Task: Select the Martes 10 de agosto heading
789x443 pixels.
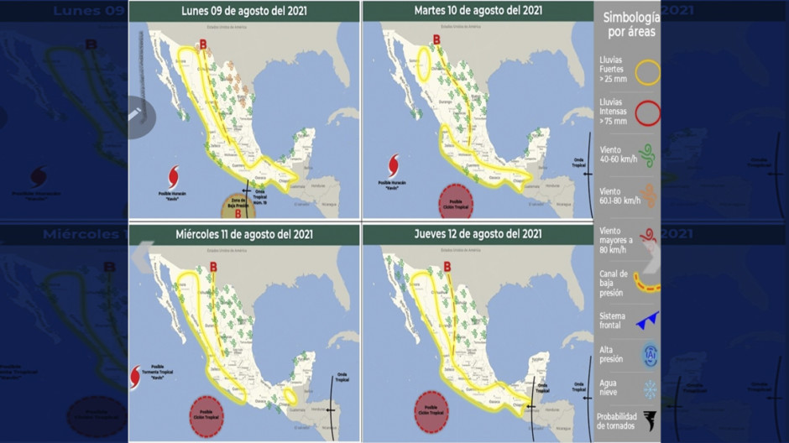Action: pos(478,11)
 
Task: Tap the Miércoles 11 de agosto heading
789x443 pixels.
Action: pos(243,234)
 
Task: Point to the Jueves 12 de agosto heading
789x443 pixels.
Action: pos(478,234)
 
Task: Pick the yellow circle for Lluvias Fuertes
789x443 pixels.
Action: pos(647,72)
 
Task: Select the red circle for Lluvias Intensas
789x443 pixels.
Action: pos(647,112)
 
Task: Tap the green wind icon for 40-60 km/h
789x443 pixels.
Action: pos(647,155)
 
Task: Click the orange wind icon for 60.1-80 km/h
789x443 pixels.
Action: pos(647,195)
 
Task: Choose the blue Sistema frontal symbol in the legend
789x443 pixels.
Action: pos(646,319)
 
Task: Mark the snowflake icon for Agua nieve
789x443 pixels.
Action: pos(648,389)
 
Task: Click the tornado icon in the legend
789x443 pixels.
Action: pos(648,420)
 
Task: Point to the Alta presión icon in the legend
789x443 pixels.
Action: pos(648,354)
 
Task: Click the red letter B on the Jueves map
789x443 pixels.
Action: pos(447,268)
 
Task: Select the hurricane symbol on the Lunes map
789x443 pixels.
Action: pos(174,177)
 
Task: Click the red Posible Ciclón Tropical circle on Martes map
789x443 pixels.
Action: pos(456,202)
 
